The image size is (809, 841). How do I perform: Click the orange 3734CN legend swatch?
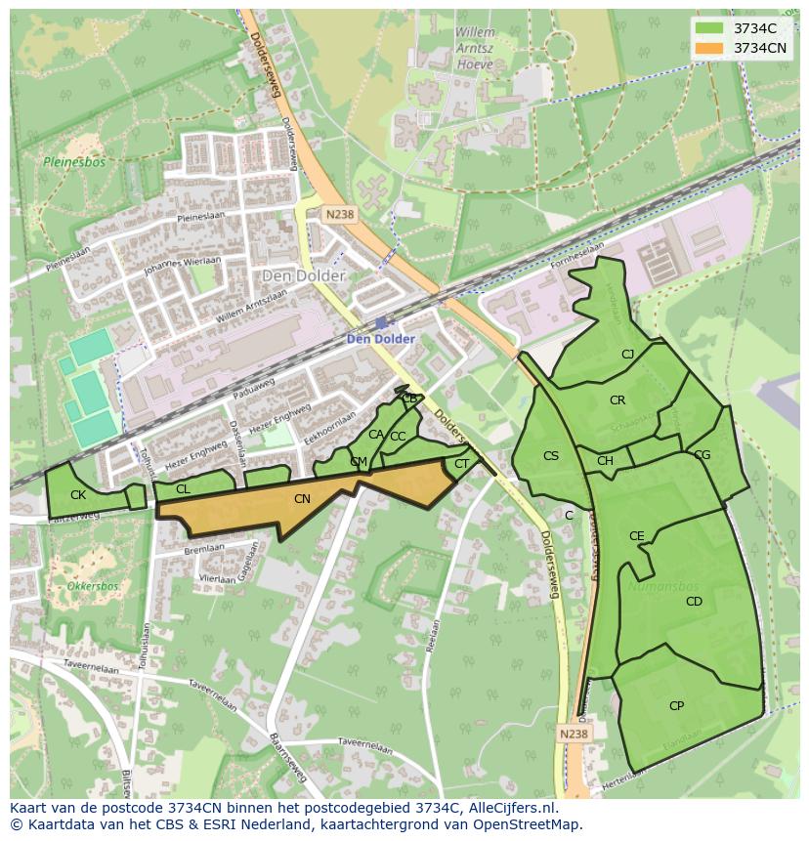(x=709, y=48)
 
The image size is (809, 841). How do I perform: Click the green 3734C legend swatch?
(x=709, y=29)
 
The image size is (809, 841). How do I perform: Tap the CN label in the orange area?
(x=302, y=499)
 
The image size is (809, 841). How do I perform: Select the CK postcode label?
(x=78, y=495)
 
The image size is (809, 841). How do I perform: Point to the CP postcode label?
(x=676, y=706)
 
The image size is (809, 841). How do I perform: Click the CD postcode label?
(x=694, y=602)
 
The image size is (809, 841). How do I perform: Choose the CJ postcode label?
(x=627, y=355)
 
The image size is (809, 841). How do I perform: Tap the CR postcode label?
(x=617, y=400)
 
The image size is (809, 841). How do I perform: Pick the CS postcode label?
(x=551, y=456)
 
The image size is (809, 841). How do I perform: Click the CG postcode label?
(x=702, y=455)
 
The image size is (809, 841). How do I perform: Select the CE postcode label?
(x=637, y=536)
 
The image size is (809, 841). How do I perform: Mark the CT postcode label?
(x=462, y=464)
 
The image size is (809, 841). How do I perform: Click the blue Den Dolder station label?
(x=381, y=339)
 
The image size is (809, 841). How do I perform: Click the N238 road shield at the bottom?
(x=575, y=734)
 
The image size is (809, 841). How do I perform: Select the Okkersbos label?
(x=93, y=586)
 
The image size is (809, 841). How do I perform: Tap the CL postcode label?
(x=183, y=489)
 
